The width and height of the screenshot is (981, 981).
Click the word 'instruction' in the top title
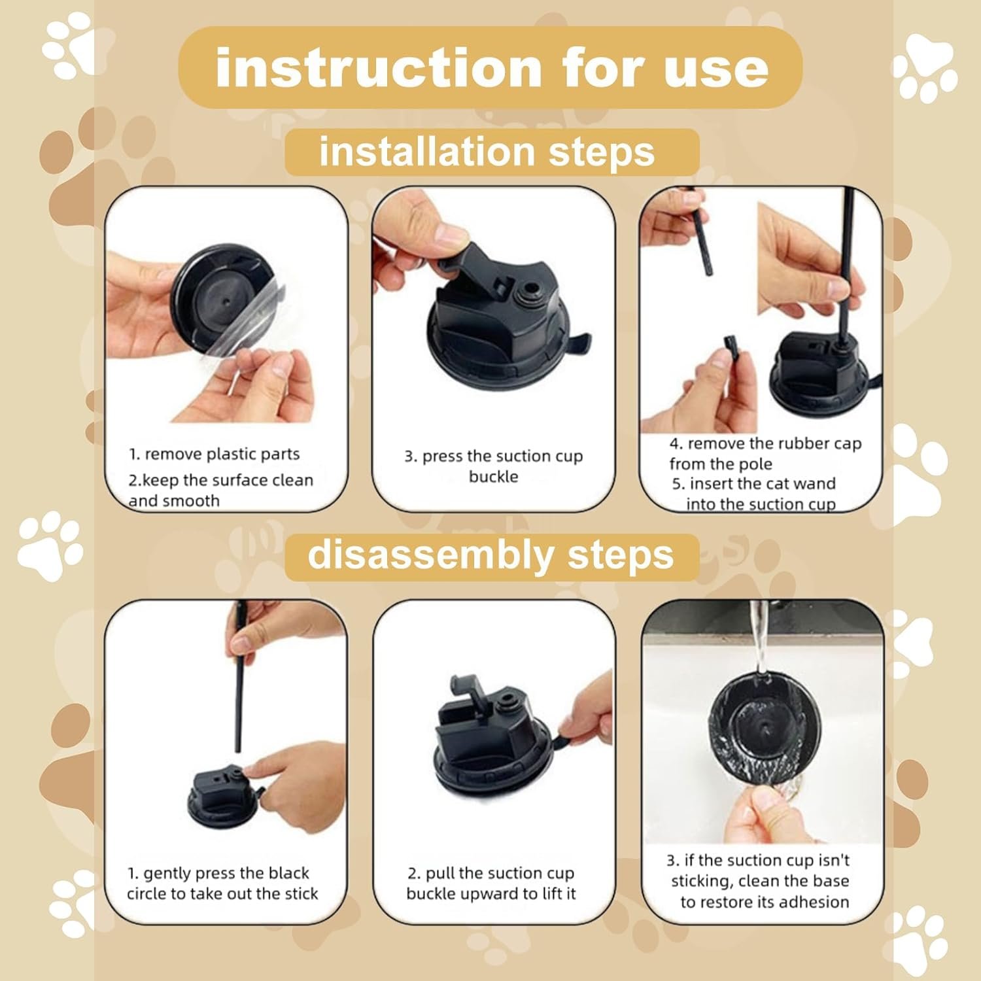(x=379, y=68)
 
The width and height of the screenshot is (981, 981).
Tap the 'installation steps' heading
(x=487, y=152)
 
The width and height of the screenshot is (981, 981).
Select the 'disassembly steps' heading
(x=490, y=556)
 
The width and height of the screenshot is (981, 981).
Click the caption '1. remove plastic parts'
(x=215, y=454)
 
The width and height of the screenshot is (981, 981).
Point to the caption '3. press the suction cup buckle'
(x=494, y=466)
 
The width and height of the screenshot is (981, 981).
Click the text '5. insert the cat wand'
(x=754, y=484)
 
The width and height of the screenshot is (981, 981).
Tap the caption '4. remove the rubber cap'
(x=766, y=443)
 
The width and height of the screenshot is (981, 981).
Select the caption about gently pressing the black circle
(x=222, y=884)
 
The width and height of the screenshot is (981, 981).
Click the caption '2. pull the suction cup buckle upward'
(x=491, y=884)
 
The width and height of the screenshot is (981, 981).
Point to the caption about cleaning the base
(x=761, y=881)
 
